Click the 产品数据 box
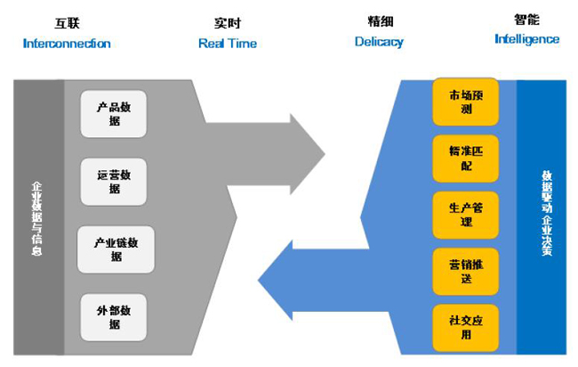[x=114, y=114]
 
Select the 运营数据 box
[x=114, y=182]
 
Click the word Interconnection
[x=67, y=43]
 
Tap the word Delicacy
[x=379, y=42]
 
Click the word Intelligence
[x=527, y=39]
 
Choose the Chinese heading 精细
[x=380, y=20]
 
